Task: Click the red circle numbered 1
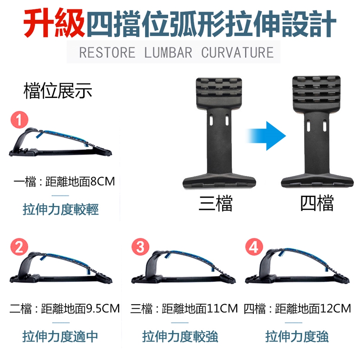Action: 19,120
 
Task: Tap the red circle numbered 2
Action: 19,247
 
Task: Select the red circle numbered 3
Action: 140,247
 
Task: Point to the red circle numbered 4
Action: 254,247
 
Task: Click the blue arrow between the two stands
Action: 266,136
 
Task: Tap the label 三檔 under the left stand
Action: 216,203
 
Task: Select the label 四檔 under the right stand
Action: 317,203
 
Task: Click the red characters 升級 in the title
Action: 54,22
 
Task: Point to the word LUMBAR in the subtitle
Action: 168,52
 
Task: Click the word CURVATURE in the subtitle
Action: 238,52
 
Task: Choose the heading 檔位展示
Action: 58,91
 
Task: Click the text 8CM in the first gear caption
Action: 103,181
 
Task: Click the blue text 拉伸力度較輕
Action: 61,209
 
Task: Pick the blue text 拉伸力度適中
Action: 60,336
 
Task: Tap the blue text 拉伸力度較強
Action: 180,336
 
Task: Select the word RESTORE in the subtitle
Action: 107,52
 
